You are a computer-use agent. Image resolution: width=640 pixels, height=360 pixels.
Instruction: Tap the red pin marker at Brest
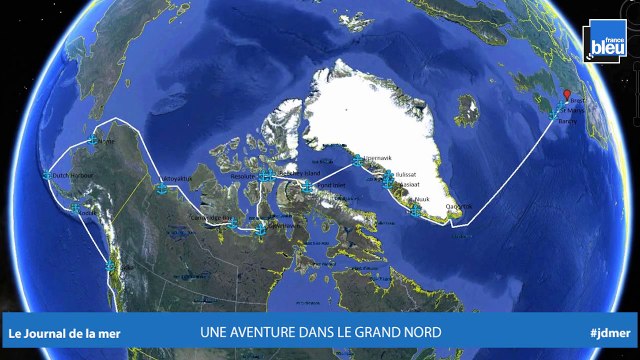pyautogui.click(x=567, y=97)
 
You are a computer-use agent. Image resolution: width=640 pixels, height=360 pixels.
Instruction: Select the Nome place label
pyautogui.click(x=108, y=141)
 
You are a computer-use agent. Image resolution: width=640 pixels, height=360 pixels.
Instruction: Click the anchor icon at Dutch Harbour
pyautogui.click(x=47, y=175)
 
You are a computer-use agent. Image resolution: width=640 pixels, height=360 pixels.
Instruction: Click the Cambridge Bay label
pyautogui.click(x=212, y=217)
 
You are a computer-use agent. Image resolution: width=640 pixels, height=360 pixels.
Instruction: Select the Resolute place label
pyautogui.click(x=244, y=176)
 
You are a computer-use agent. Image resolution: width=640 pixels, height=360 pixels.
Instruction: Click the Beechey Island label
pyautogui.click(x=295, y=172)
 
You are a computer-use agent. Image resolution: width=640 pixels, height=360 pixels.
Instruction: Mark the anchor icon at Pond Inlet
pyautogui.click(x=308, y=186)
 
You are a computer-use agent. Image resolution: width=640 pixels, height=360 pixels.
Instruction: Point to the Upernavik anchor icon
pyautogui.click(x=358, y=159)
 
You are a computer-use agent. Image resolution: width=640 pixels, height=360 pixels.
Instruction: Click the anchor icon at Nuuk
pyautogui.click(x=416, y=210)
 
